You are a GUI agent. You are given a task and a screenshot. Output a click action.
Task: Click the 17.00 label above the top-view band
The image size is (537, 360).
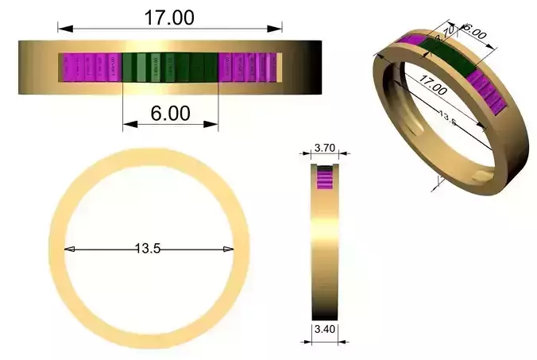(x=168, y=17)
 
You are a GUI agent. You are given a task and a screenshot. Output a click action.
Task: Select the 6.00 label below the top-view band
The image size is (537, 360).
(x=170, y=114)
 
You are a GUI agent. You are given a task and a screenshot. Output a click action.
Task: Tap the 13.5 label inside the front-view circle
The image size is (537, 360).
(x=148, y=249)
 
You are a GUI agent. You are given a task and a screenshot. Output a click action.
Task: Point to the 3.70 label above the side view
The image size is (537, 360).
(x=324, y=148)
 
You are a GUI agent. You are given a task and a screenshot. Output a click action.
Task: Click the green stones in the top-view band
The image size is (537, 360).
(x=170, y=68)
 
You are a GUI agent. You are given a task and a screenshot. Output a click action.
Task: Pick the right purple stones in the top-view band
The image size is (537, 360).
(x=249, y=68)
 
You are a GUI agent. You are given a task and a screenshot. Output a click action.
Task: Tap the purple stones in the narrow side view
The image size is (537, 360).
(x=324, y=179)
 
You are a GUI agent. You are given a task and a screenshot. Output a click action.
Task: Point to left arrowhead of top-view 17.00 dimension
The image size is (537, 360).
(x=61, y=29)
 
